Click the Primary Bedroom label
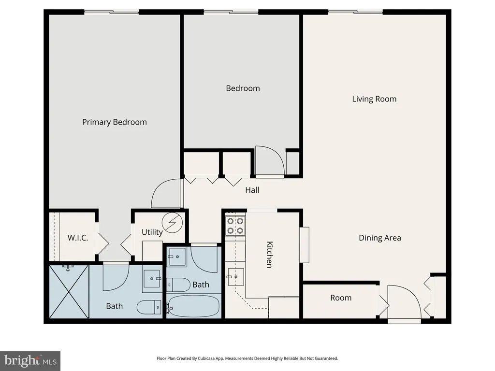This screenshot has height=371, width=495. point(114,122)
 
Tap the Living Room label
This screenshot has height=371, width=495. point(374,99)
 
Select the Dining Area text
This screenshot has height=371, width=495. point(380,238)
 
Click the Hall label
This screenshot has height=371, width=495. point(252,190)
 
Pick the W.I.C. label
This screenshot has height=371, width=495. point(78,238)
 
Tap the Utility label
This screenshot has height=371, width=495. point(152,232)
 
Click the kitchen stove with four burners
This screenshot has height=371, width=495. point(235,226)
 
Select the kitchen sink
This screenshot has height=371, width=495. point(234,277)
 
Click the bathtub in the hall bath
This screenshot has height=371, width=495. point(193,306)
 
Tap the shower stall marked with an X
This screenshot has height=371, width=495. point(69,292)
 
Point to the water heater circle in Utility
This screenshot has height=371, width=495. point(172,223)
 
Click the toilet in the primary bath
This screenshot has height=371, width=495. point(149,307)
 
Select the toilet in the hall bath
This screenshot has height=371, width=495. point(178,285)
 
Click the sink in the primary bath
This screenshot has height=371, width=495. point(152,279)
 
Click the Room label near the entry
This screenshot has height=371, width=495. point(341,298)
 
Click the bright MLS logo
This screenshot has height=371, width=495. point(30,361)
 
